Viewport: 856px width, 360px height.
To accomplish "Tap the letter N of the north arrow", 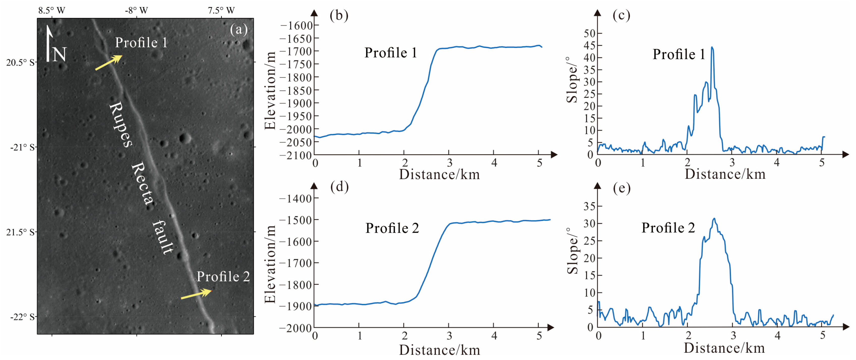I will pos(59,54).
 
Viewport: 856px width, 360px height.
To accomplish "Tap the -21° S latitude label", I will pos(22,147).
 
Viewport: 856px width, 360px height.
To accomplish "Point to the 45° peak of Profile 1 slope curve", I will pos(712,48).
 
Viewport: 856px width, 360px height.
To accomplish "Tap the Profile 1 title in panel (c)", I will pos(679,54).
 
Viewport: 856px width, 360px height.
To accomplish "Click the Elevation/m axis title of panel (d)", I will pos(270,264).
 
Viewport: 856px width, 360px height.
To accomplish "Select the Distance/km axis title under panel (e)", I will pos(724,348).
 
